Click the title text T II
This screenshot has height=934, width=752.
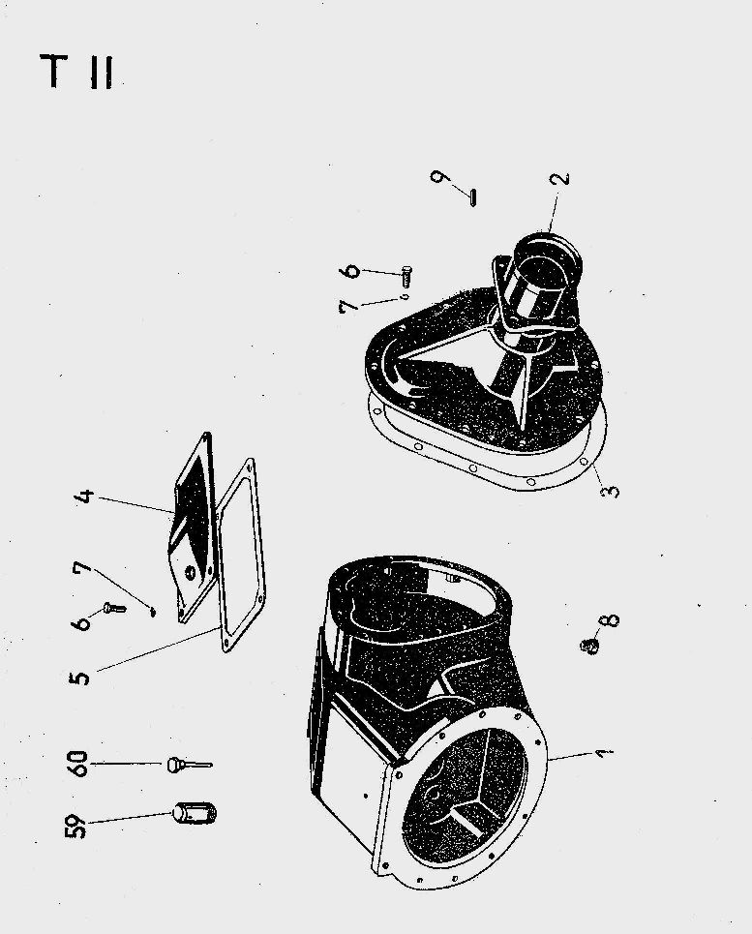tap(76, 72)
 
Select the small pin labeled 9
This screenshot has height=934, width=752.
tap(472, 197)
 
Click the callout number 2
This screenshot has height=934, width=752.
tap(561, 178)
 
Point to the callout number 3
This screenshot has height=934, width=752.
tap(610, 491)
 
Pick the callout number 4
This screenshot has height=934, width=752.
tap(86, 496)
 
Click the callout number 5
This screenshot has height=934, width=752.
tap(79, 678)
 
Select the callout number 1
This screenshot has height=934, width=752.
tap(604, 754)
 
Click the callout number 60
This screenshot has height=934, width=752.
tap(78, 764)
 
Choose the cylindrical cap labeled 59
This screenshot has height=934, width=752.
tap(195, 812)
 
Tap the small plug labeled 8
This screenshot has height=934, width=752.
tap(588, 646)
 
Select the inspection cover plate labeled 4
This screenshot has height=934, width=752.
tap(193, 527)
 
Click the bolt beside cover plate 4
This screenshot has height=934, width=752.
tap(115, 608)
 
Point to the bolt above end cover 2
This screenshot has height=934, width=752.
tap(407, 275)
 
